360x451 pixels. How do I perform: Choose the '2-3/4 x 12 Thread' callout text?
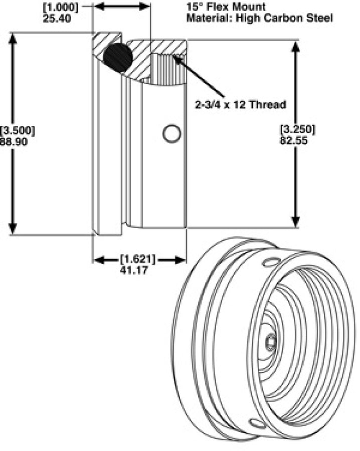(240, 105)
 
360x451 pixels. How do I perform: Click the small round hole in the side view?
(171, 134)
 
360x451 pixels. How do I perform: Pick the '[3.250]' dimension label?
(297, 129)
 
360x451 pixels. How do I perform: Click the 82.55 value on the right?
(297, 141)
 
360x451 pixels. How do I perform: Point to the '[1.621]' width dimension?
(137, 260)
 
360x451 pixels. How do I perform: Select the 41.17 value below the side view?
(137, 271)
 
